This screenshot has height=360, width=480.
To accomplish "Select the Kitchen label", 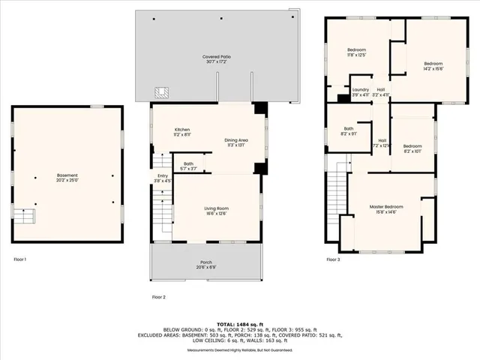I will point(182,130).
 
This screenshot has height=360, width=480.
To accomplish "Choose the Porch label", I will point(205,263).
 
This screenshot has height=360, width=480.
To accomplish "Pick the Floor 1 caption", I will point(19,259).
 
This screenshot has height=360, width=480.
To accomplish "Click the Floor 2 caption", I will point(158,297).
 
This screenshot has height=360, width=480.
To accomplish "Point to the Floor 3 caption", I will point(332,259).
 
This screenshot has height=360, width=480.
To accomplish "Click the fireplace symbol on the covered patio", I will point(160,93).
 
